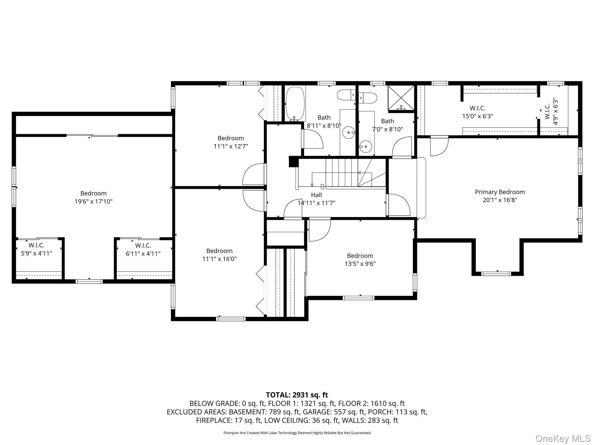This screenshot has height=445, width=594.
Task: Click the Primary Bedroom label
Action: [500, 192]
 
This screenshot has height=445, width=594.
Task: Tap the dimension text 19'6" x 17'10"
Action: [93, 201]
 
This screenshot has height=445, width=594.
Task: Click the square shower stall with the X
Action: [401, 98]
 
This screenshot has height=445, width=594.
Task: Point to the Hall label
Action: [316, 195]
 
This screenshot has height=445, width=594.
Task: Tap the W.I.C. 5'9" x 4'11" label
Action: [36, 249]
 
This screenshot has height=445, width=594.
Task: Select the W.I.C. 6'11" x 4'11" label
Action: [143, 249]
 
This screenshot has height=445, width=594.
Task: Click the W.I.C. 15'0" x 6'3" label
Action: [477, 112]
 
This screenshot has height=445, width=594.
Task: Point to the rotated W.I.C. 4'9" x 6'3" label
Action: [551, 112]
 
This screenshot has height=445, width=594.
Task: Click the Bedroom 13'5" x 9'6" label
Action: [360, 260]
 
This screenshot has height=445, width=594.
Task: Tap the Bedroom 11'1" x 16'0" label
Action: [219, 255]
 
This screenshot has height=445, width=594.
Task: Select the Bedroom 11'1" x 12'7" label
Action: [231, 142]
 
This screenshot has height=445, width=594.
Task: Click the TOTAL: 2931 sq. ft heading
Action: [297, 395]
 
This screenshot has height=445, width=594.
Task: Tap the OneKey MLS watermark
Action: [563, 438]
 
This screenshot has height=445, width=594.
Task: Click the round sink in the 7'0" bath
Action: [366, 147]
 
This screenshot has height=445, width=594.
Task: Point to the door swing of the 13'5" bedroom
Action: [319, 230]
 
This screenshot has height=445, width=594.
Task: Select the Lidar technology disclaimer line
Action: [297, 433]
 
